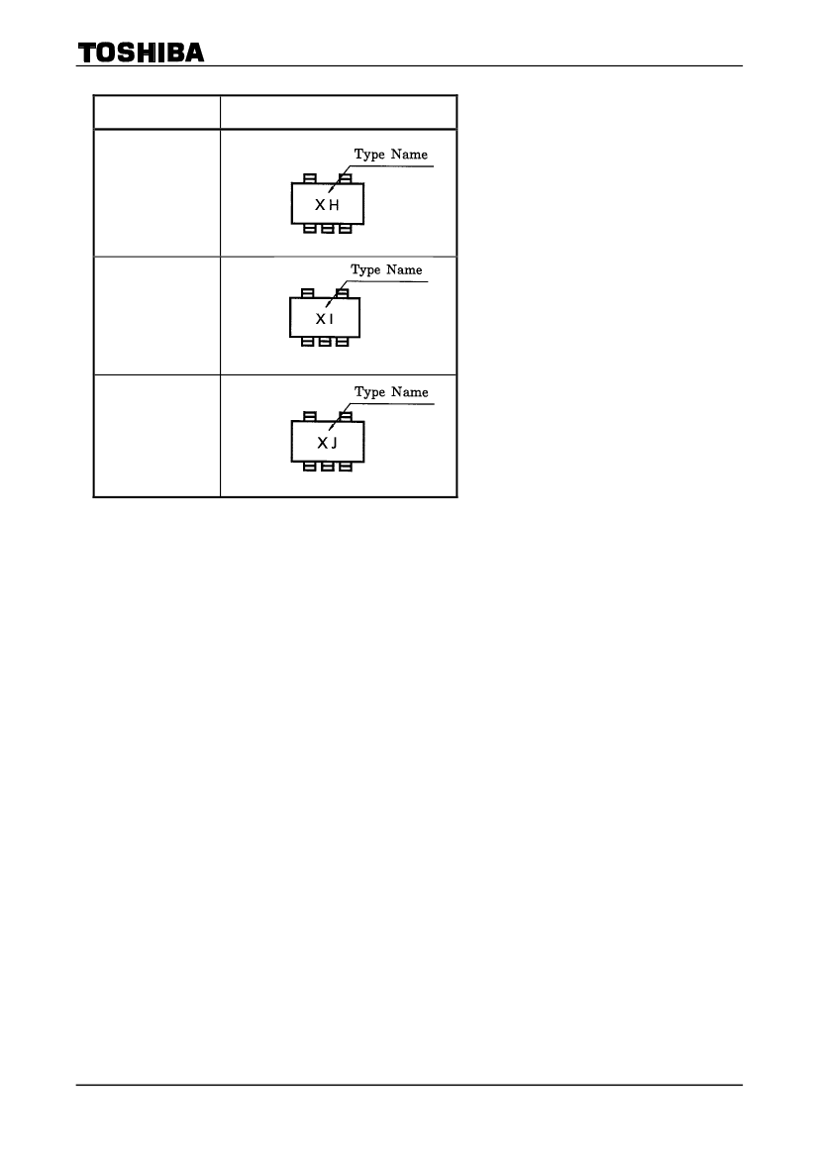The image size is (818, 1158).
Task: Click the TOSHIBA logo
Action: coord(141,53)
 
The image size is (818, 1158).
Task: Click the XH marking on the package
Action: coord(327,205)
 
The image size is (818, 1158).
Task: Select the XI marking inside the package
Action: coord(325,319)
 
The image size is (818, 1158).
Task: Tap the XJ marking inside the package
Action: coord(327,443)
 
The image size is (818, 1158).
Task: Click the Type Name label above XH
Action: coord(390,155)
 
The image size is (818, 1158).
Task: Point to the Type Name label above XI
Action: coord(386,270)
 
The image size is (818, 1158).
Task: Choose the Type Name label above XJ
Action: coord(391,392)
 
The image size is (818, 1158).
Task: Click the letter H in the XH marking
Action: coord(334,205)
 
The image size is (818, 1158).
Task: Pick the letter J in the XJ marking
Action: coord(334,443)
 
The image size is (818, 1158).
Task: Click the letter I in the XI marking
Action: coord(332,319)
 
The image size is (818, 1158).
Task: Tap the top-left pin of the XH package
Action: coord(310,178)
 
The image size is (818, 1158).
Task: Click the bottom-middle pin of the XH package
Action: coord(328,228)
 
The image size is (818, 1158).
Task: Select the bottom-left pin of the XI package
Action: coord(308,341)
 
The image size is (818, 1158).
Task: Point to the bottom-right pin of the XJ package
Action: coord(346,466)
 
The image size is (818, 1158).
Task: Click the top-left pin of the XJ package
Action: coord(310,416)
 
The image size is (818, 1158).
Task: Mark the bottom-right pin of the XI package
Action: coord(343,341)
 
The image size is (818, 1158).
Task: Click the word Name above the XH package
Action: coord(409,154)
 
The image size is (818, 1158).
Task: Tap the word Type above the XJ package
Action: coord(369,393)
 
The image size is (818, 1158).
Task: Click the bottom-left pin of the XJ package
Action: coord(310,466)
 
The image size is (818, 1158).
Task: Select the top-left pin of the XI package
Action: coord(308,294)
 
